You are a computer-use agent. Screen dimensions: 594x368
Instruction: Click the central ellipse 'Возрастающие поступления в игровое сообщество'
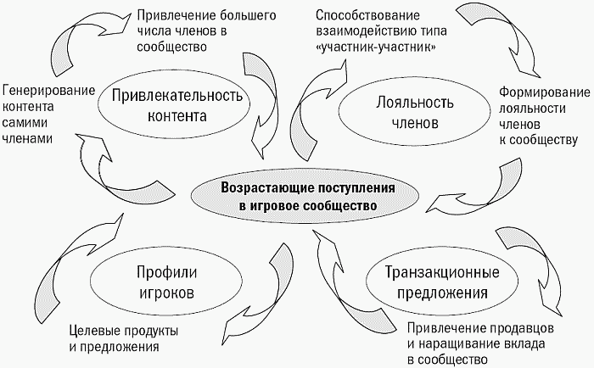point(305,197)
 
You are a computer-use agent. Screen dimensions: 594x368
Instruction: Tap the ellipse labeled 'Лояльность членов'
point(414,113)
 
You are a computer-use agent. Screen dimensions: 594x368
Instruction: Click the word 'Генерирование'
point(49,91)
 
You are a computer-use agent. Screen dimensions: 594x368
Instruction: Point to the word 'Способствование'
point(367,15)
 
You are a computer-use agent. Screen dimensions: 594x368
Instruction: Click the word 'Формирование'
point(545,92)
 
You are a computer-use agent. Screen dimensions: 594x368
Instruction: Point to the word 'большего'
point(248,15)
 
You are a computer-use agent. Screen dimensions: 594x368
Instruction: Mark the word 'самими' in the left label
point(25,123)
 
